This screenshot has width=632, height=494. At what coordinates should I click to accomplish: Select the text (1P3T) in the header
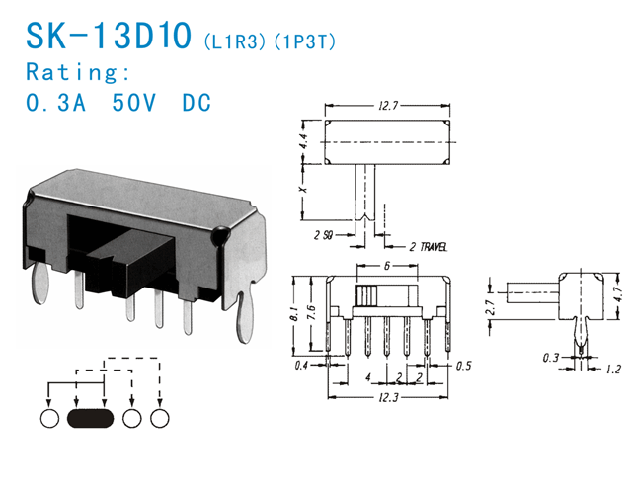tap(302, 41)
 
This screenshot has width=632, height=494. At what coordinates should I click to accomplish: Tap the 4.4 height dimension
tap(305, 145)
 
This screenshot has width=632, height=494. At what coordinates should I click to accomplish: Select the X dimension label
tap(305, 188)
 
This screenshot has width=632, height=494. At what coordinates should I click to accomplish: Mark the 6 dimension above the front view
tap(387, 266)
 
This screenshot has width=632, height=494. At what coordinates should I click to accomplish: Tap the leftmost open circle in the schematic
tap(50, 419)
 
